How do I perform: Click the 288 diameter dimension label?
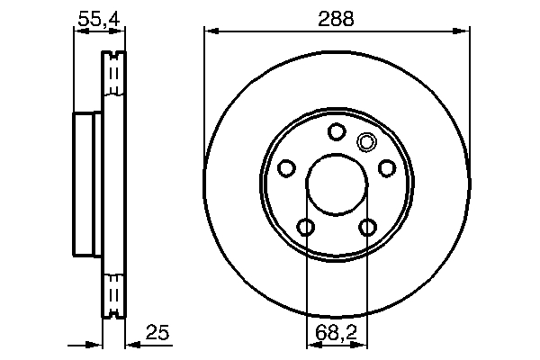pyautogui.click(x=337, y=17)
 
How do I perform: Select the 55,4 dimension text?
pyautogui.click(x=99, y=17)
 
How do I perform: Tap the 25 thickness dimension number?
pyautogui.click(x=157, y=334)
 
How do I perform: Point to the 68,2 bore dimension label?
pyautogui.click(x=337, y=334)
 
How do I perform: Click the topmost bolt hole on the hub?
pyautogui.click(x=337, y=132)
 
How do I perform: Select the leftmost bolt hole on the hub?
pyautogui.click(x=287, y=168)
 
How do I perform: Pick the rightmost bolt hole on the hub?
pyautogui.click(x=387, y=168)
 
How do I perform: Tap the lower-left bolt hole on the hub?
pyautogui.click(x=306, y=227)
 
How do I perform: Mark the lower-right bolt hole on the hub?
pyautogui.click(x=367, y=227)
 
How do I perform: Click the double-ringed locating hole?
pyautogui.click(x=366, y=141)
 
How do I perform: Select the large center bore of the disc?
pyautogui.click(x=337, y=184)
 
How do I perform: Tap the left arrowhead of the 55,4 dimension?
pyautogui.click(x=78, y=31)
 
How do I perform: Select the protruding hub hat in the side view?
pyautogui.click(x=87, y=184)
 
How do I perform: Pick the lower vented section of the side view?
pyautogui.click(x=113, y=292)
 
